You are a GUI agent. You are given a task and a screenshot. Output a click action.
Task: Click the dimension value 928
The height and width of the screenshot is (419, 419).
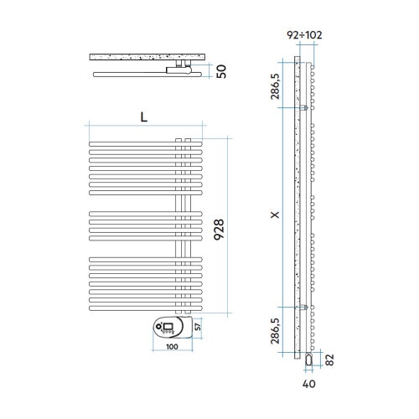click(x=219, y=230)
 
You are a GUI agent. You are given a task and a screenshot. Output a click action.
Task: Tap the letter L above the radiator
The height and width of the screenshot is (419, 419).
click(x=143, y=117)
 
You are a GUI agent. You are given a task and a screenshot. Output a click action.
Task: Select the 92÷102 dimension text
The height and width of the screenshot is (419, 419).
click(x=304, y=35)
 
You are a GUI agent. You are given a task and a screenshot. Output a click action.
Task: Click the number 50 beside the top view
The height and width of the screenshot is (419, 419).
click(x=221, y=71)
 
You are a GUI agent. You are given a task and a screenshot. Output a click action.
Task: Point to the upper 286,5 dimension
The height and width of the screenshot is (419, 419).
click(x=275, y=86)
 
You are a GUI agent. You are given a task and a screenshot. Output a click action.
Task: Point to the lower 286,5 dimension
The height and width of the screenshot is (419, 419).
click(x=275, y=331)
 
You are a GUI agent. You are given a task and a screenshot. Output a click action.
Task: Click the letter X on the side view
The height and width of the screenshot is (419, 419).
click(x=276, y=215)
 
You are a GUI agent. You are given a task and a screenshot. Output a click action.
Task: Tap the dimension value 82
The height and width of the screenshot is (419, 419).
click(x=330, y=360)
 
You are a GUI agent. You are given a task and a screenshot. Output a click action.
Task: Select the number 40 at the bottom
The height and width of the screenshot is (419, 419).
click(x=309, y=384)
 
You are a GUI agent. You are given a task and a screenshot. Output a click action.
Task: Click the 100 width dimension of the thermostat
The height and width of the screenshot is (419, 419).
click(x=172, y=347)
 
